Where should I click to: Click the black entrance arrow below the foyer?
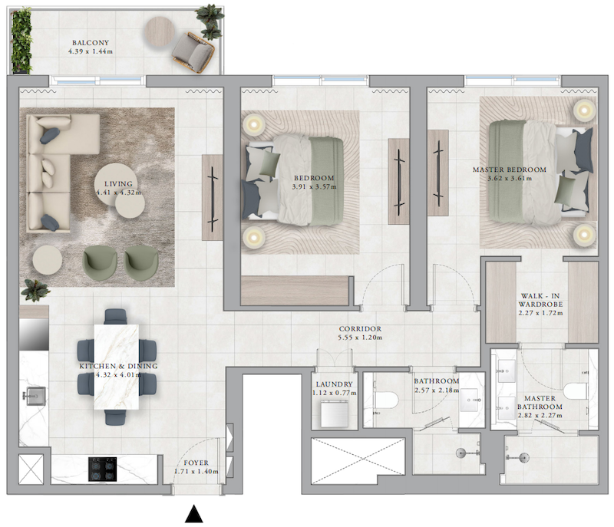click(x=194, y=514)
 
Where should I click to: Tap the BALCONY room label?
click(x=91, y=43)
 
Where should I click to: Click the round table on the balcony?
click(x=160, y=31)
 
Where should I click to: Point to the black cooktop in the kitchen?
click(x=103, y=469)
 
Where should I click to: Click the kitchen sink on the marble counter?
click(x=34, y=396)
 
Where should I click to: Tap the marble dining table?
click(x=117, y=367)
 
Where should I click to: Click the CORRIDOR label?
click(x=360, y=328)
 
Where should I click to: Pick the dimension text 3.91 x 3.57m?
click(x=314, y=186)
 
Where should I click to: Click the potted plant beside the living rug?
click(x=35, y=290)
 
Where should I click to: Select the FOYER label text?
click(x=196, y=463)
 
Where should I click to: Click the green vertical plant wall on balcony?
click(x=21, y=41)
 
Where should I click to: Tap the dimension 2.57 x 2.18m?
click(x=437, y=390)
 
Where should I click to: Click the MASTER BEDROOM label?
click(x=510, y=170)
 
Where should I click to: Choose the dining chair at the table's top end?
click(x=116, y=317)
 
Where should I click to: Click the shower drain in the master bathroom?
click(x=523, y=457)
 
